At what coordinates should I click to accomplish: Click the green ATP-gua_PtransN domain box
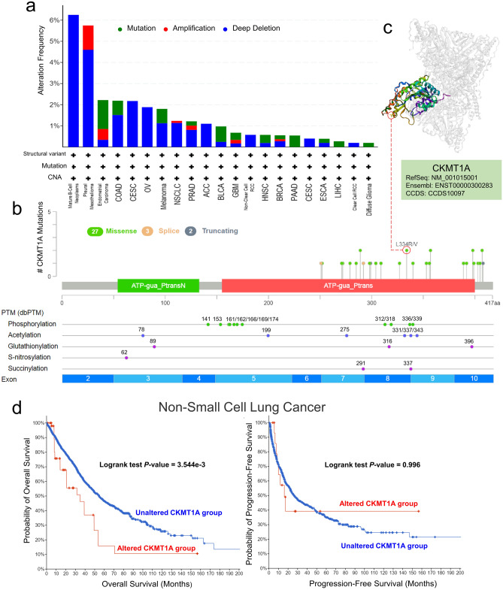(158, 286)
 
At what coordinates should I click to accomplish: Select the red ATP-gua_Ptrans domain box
(348, 286)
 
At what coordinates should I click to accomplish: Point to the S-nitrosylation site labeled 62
(126, 358)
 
